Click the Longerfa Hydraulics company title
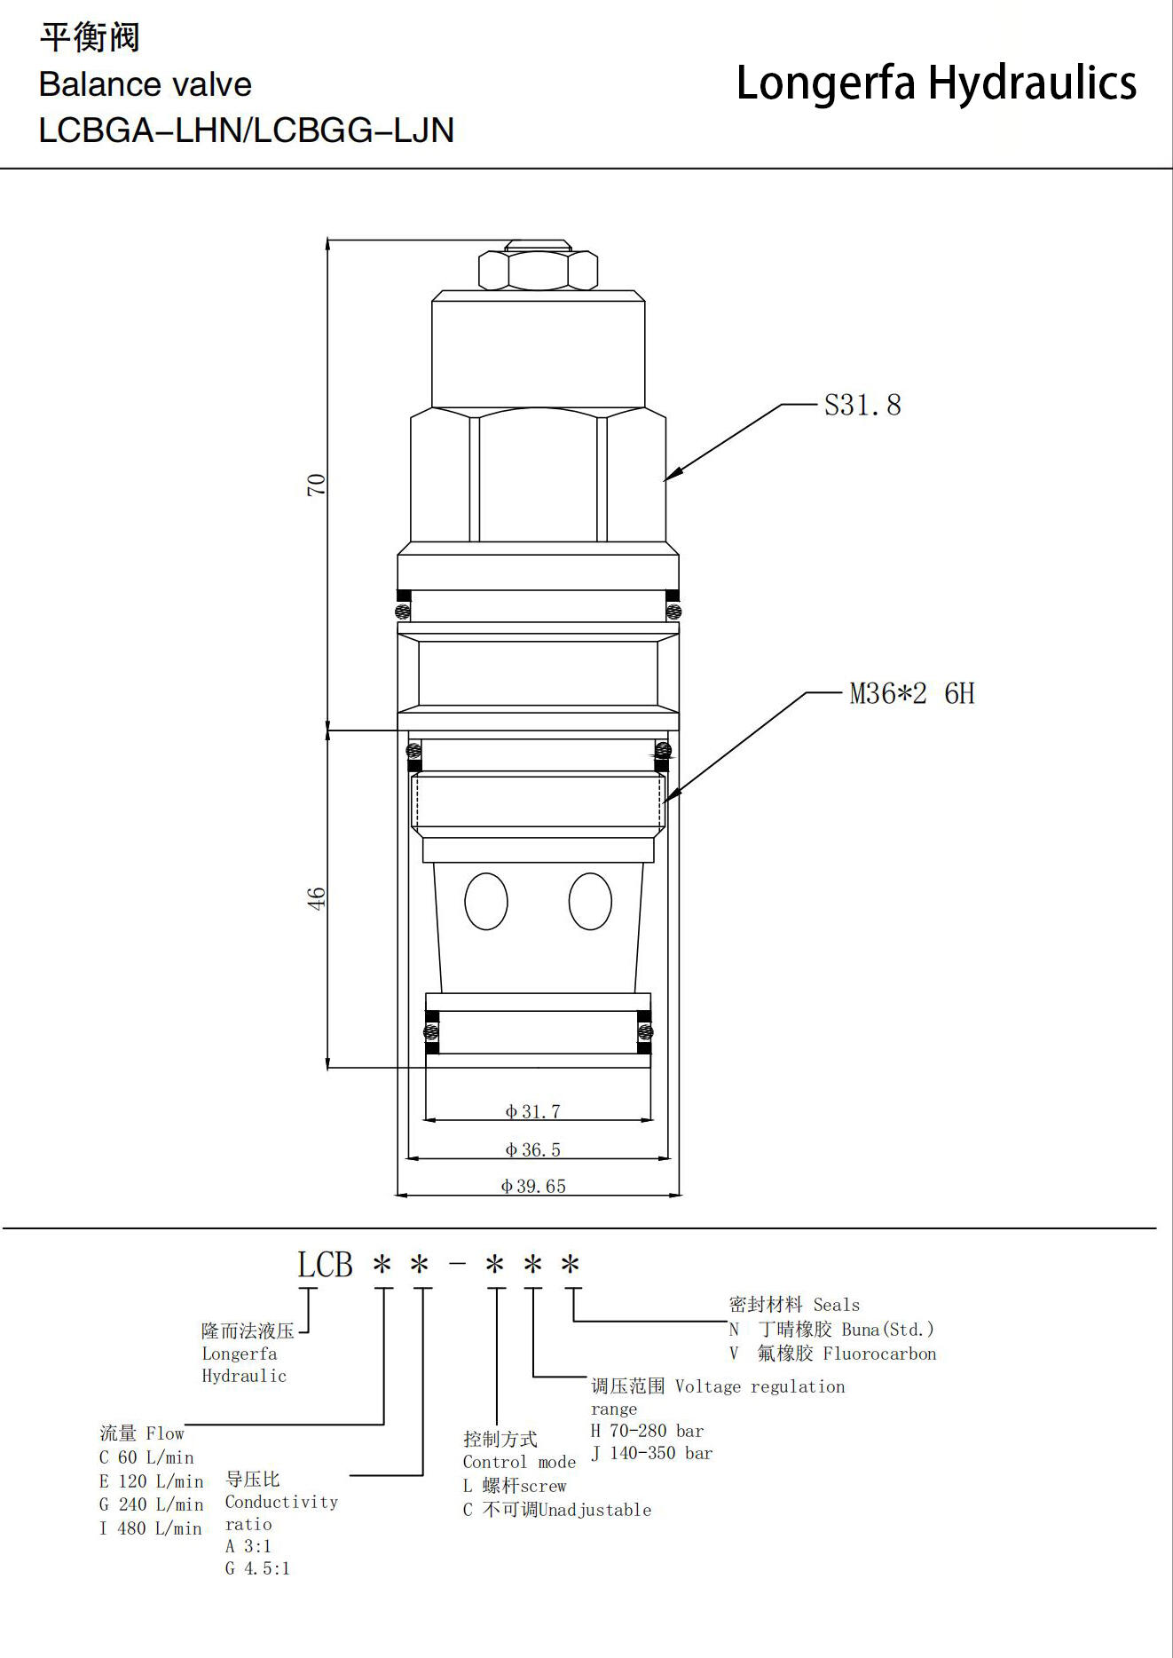pyautogui.click(x=936, y=83)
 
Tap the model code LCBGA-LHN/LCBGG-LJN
pyautogui.click(x=247, y=130)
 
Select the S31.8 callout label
pyautogui.click(x=862, y=405)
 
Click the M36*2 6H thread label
pyautogui.click(x=912, y=693)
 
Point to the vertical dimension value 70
pyautogui.click(x=316, y=485)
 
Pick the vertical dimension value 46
pyautogui.click(x=316, y=898)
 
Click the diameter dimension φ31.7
pyautogui.click(x=532, y=1111)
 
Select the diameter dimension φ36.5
pyautogui.click(x=532, y=1149)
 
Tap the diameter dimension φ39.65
pyautogui.click(x=532, y=1186)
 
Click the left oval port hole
pyautogui.click(x=486, y=901)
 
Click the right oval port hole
pyautogui.click(x=590, y=901)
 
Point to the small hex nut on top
pyautogui.click(x=538, y=270)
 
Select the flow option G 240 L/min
pyautogui.click(x=152, y=1504)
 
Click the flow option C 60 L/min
pyautogui.click(x=146, y=1457)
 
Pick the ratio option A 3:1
pyautogui.click(x=248, y=1545)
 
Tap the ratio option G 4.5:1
pyautogui.click(x=257, y=1568)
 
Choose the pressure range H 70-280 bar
pyautogui.click(x=648, y=1431)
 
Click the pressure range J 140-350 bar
pyautogui.click(x=652, y=1453)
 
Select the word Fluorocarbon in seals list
pyautogui.click(x=879, y=1354)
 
